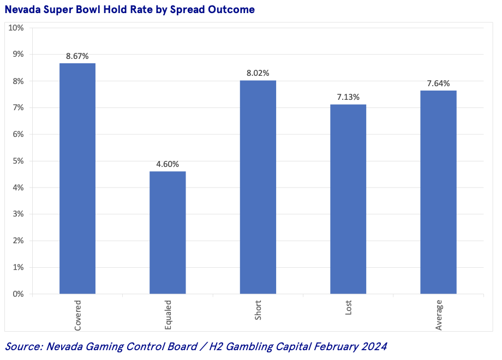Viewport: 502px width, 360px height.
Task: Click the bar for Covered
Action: [x=77, y=179]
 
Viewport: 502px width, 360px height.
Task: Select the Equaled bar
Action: [x=168, y=233]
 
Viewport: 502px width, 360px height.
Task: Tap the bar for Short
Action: [x=258, y=187]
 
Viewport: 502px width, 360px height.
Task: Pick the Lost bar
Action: [x=348, y=199]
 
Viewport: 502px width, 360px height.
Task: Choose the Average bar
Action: [x=438, y=192]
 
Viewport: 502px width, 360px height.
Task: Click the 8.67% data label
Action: [x=77, y=56]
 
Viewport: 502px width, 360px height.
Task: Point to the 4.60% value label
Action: [x=168, y=164]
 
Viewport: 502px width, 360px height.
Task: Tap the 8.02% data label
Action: [x=258, y=73]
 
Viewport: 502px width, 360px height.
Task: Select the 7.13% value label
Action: [x=348, y=97]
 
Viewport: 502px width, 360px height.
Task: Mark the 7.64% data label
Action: [x=438, y=83]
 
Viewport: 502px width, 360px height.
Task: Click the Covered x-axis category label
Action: [x=77, y=315]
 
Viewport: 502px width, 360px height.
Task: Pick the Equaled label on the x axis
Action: [x=168, y=315]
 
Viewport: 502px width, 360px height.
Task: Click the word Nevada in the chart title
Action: [x=22, y=10]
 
